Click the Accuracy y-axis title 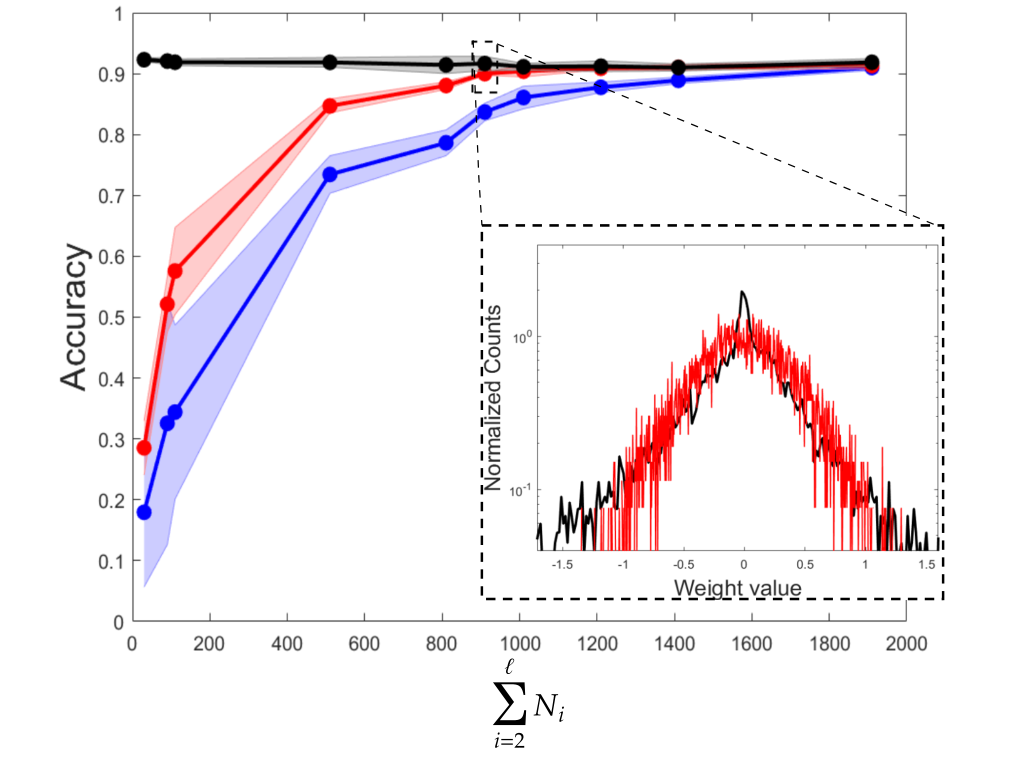(x=74, y=317)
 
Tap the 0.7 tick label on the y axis (x=110, y=196)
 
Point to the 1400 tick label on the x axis (x=674, y=644)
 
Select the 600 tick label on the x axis (x=364, y=644)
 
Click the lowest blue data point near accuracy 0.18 (x=144, y=513)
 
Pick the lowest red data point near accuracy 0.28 (x=144, y=448)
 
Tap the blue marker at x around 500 (x=330, y=175)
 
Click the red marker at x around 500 (x=330, y=106)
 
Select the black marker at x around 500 (x=330, y=63)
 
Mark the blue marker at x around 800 (x=446, y=143)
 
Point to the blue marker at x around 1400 (x=679, y=81)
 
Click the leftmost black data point (x=144, y=60)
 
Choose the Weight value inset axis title (x=737, y=588)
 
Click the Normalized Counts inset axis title (x=493, y=398)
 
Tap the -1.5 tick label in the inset (x=562, y=564)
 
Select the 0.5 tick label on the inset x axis (x=805, y=564)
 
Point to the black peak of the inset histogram (x=742, y=292)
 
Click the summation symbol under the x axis (x=510, y=703)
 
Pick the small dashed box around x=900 (x=485, y=67)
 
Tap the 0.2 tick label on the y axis (x=110, y=500)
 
